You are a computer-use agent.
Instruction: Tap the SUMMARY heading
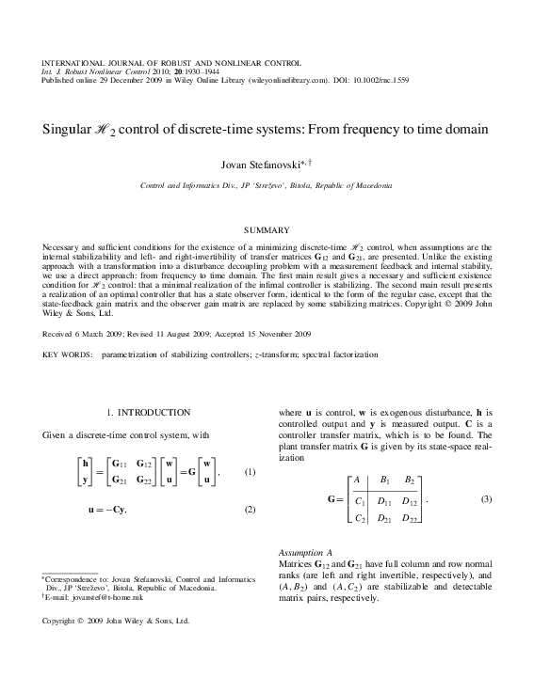[267, 229]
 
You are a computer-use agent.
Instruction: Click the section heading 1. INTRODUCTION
[149, 412]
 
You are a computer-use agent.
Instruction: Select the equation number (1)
[251, 471]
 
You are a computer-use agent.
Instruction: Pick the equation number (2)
[251, 510]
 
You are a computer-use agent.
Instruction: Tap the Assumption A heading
[305, 552]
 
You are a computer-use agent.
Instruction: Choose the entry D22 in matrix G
[411, 518]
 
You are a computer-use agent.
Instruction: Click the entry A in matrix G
[356, 480]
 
